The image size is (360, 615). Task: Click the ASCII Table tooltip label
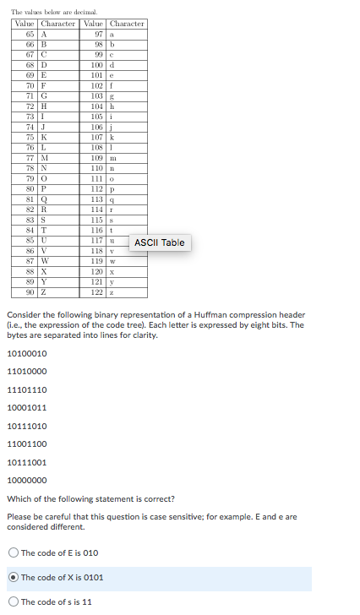161,242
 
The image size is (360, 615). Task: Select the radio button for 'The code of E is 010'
14,553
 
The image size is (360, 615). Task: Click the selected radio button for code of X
14,578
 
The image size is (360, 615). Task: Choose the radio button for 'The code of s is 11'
14,602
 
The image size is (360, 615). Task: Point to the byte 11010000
27,371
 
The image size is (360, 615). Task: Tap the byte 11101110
27,389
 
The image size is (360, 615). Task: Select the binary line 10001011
27,407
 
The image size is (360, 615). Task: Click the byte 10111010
27,426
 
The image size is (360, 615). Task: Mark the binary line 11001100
27,444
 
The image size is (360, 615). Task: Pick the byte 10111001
27,462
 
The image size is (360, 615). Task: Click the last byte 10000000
27,480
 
